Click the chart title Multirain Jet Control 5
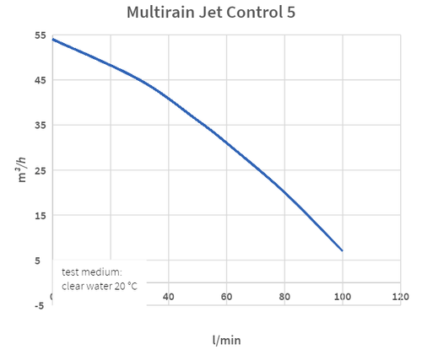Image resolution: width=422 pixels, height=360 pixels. [x=211, y=13]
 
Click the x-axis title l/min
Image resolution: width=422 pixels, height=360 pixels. [x=226, y=340]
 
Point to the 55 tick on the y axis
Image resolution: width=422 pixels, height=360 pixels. [x=41, y=35]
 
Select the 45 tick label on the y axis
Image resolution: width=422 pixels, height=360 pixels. [x=41, y=80]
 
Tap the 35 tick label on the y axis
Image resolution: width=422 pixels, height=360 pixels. [x=41, y=126]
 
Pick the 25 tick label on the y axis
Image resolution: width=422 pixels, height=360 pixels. [x=41, y=170]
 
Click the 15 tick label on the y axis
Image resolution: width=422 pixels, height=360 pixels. [x=41, y=215]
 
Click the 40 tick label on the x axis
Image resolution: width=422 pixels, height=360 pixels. [x=168, y=297]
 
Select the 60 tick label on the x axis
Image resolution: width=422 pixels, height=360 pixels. [x=226, y=297]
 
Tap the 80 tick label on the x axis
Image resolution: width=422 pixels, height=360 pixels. [x=284, y=297]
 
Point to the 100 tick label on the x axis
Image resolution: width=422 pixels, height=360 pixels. [x=342, y=297]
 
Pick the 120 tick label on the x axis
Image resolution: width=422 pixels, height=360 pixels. [x=400, y=297]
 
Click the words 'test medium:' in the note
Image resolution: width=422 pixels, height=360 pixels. [x=92, y=272]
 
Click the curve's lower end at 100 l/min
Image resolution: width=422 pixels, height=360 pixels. [x=342, y=250]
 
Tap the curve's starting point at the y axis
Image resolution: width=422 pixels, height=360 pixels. [x=53, y=39]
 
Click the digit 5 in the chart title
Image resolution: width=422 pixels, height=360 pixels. [x=290, y=13]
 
